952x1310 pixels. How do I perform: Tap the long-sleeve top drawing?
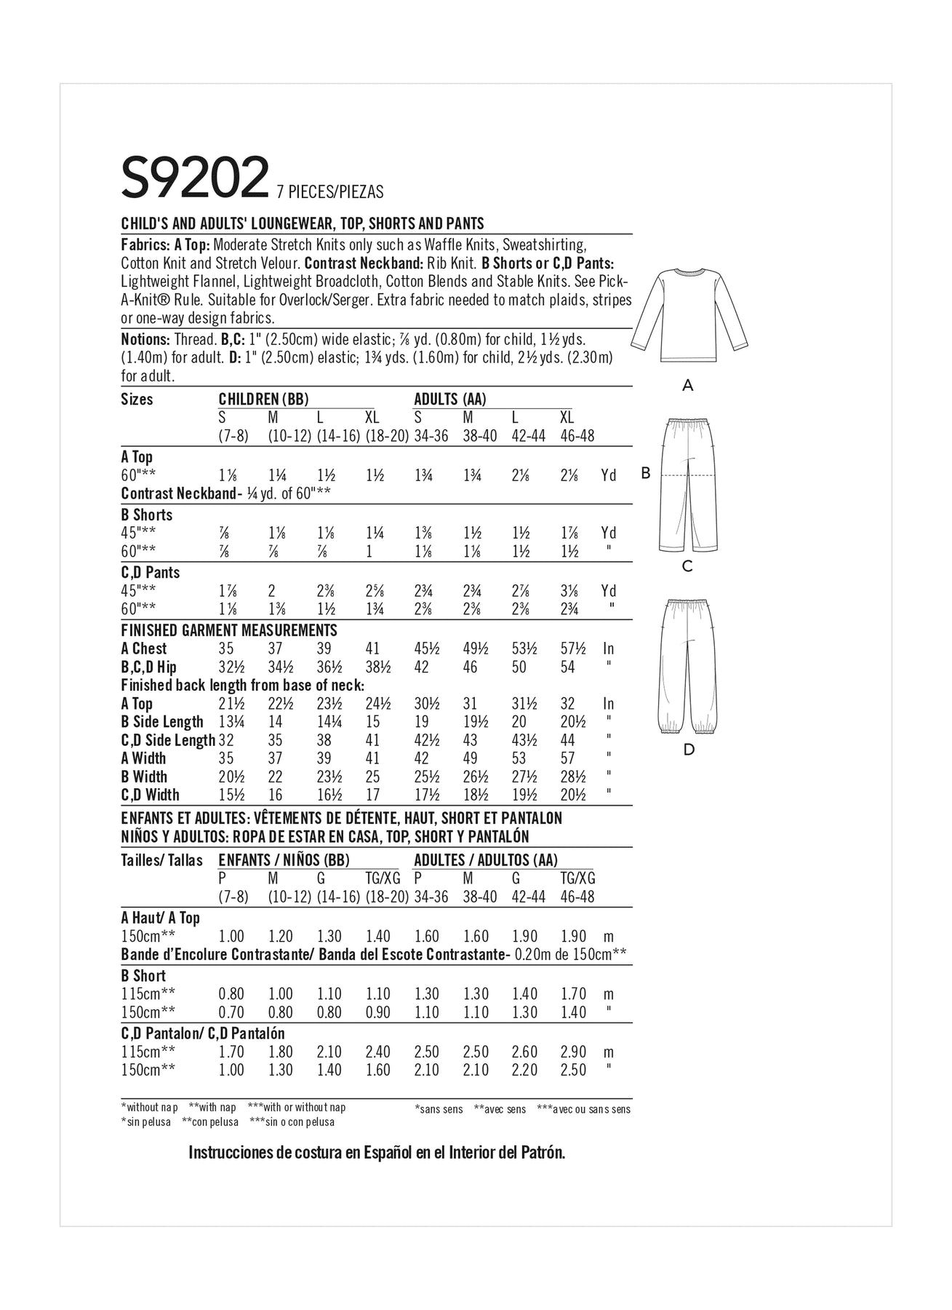coord(688,317)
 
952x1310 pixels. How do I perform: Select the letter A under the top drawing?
coord(688,386)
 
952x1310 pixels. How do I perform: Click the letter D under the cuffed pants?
coord(689,750)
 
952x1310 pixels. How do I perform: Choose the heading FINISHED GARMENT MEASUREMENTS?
coord(229,630)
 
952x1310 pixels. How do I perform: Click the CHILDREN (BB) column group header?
coord(264,399)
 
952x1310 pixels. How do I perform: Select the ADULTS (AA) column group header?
coord(450,399)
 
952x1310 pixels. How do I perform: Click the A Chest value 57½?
coord(572,648)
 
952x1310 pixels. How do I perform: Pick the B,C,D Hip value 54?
coord(568,667)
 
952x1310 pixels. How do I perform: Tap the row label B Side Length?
coord(162,722)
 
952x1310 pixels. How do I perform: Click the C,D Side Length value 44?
coord(568,740)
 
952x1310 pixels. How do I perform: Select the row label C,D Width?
coord(151,795)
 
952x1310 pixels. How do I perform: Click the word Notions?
coord(145,339)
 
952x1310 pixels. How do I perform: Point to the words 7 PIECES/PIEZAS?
coord(330,192)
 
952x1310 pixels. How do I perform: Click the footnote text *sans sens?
coord(439,1109)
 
